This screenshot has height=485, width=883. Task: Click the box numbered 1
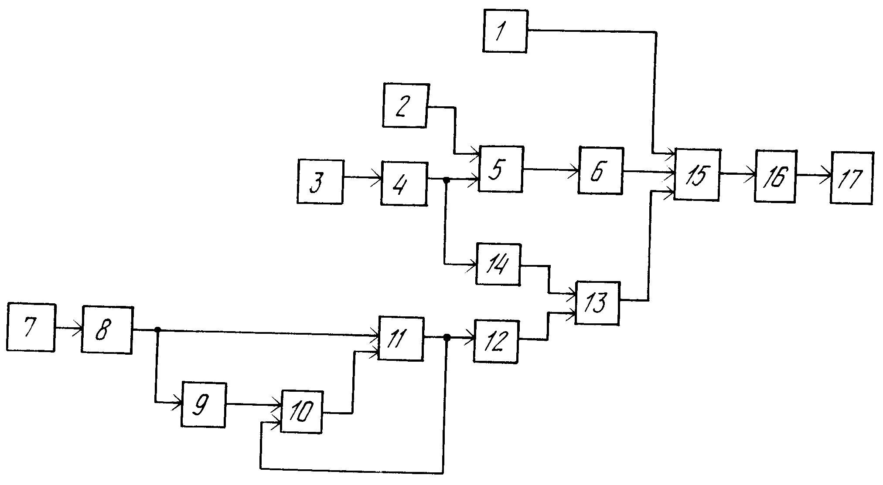[x=505, y=31]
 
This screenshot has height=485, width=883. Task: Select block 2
[x=405, y=105]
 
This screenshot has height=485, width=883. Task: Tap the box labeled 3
[x=320, y=181]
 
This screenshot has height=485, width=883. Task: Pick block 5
[x=501, y=169]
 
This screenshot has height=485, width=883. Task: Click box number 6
[x=600, y=171]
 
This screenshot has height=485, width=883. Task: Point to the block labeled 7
[x=31, y=327]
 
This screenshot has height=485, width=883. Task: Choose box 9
[x=204, y=404]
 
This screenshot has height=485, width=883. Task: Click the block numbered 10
[x=302, y=412]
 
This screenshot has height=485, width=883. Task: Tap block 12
[x=496, y=341]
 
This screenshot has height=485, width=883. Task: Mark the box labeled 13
[x=597, y=303]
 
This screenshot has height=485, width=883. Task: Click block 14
[x=498, y=264]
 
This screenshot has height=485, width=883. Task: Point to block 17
[x=852, y=178]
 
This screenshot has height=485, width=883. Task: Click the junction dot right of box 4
[x=446, y=180]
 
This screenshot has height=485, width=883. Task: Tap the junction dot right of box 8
[x=158, y=330]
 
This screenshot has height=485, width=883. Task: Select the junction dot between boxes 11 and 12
[x=447, y=337]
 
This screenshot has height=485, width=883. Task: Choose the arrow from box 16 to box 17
[x=814, y=176]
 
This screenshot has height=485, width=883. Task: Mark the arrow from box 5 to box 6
[x=551, y=170]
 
